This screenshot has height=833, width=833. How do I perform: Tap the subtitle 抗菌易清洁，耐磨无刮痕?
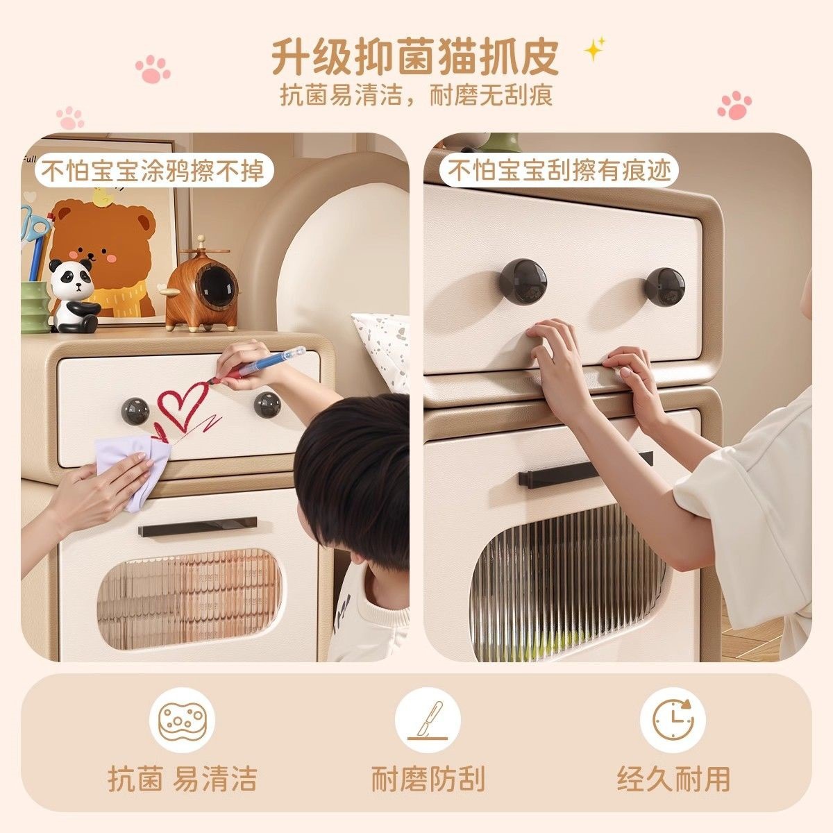416,95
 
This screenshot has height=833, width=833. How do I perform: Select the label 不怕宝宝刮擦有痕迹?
560,171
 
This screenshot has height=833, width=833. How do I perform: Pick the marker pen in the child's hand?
267,364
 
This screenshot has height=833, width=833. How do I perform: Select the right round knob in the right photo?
665,287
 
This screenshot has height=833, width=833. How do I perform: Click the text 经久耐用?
673,780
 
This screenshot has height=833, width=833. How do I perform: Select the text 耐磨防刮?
428,780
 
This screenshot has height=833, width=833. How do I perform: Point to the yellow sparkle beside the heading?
594,49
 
